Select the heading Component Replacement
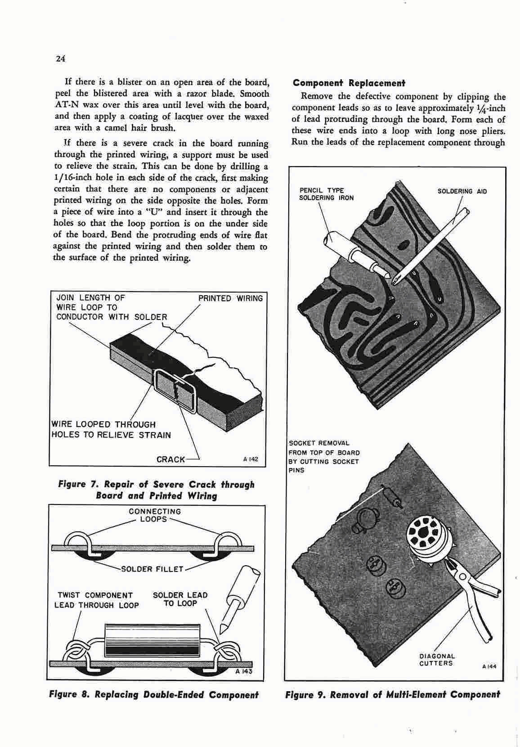pos(349,83)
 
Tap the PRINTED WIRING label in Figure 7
pos(230,298)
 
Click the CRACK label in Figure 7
pos(170,459)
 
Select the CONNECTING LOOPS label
pos(155,515)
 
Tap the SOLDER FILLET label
pos(152,569)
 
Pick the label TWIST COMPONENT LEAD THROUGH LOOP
pos(96,600)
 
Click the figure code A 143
pos(244,672)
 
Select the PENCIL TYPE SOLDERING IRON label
pos(326,194)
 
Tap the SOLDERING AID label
pos(462,191)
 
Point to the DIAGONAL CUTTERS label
pos(436,660)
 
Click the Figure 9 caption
pos(392,694)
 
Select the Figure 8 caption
pos(153,694)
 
